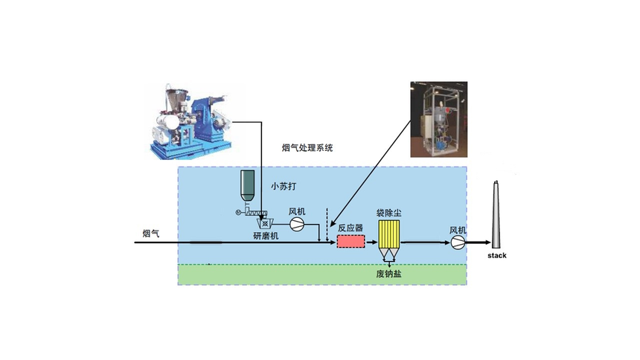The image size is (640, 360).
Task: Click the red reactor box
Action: (351, 242)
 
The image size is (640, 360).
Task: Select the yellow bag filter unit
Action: (388, 234)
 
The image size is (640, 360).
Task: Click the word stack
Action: (496, 256)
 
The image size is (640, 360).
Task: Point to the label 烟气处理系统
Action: (307, 148)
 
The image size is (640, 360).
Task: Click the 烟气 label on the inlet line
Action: (151, 234)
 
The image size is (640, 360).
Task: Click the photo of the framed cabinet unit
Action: (439, 119)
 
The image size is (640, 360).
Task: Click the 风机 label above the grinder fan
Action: (297, 211)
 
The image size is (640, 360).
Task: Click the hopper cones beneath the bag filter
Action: (388, 254)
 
